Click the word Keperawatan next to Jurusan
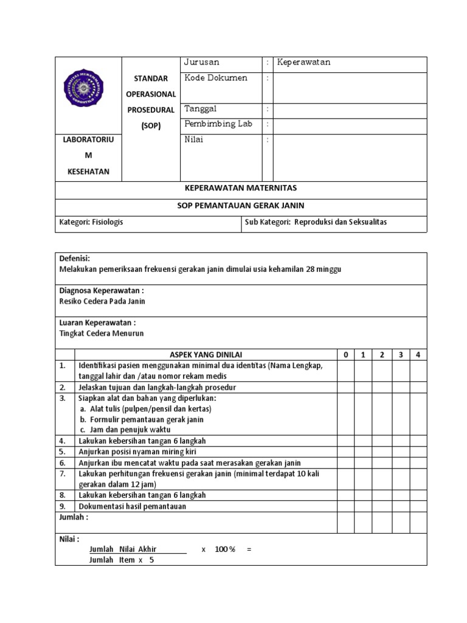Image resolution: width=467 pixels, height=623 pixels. [x=303, y=63]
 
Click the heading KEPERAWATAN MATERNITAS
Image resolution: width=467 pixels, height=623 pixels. [x=241, y=189]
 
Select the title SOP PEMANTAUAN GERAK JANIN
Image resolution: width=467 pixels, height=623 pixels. [x=241, y=206]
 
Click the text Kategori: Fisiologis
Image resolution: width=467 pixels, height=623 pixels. [x=91, y=222]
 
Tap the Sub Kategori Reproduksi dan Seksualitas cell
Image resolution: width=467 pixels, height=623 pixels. [x=316, y=222]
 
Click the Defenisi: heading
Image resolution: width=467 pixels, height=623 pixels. [x=74, y=259]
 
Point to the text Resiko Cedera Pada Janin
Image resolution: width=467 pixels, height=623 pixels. [x=102, y=301]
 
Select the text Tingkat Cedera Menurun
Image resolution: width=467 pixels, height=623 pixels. [x=101, y=333]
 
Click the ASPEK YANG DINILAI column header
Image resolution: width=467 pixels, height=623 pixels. [x=205, y=355]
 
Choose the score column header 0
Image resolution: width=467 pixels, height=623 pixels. [x=345, y=355]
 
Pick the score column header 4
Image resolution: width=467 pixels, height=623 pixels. [x=418, y=355]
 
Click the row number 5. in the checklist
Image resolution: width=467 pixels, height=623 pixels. [x=63, y=451]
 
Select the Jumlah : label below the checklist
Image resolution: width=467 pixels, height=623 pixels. [x=74, y=517]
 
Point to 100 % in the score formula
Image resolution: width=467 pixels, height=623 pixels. [x=225, y=549]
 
